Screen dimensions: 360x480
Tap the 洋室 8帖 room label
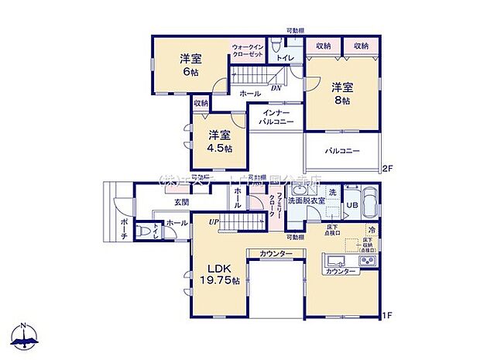(342, 94)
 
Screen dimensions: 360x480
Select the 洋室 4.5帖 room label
(219, 141)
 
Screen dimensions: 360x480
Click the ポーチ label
(104, 228)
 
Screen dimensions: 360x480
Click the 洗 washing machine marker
(331, 191)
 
